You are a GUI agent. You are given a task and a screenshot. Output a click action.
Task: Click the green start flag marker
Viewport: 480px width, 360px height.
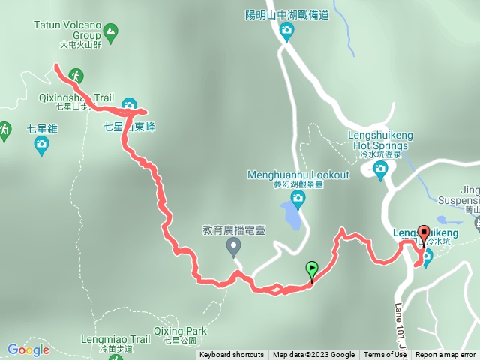[312, 268]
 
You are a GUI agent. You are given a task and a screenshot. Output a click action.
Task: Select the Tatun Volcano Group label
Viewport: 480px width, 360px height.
[67, 29]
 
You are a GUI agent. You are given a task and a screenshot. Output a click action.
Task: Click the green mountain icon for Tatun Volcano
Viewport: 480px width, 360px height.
[111, 31]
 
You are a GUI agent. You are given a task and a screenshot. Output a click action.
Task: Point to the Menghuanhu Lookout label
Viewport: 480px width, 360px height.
[298, 175]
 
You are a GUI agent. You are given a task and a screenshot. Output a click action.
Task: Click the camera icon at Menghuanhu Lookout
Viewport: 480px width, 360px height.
[298, 199]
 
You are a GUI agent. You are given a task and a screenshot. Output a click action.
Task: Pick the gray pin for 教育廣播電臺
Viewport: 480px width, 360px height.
[234, 246]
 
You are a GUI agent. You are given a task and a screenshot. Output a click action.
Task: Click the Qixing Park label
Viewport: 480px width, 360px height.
[179, 331]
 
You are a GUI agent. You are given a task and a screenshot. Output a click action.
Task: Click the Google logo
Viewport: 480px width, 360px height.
[28, 349]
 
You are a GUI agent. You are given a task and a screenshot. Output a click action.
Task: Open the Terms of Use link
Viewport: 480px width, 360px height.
[384, 355]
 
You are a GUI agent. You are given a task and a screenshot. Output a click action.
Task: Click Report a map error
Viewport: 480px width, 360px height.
[445, 355]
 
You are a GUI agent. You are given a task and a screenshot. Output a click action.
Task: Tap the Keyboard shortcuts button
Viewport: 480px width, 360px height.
[232, 355]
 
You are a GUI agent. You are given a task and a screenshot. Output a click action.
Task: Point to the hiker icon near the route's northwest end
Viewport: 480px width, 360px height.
[75, 75]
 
